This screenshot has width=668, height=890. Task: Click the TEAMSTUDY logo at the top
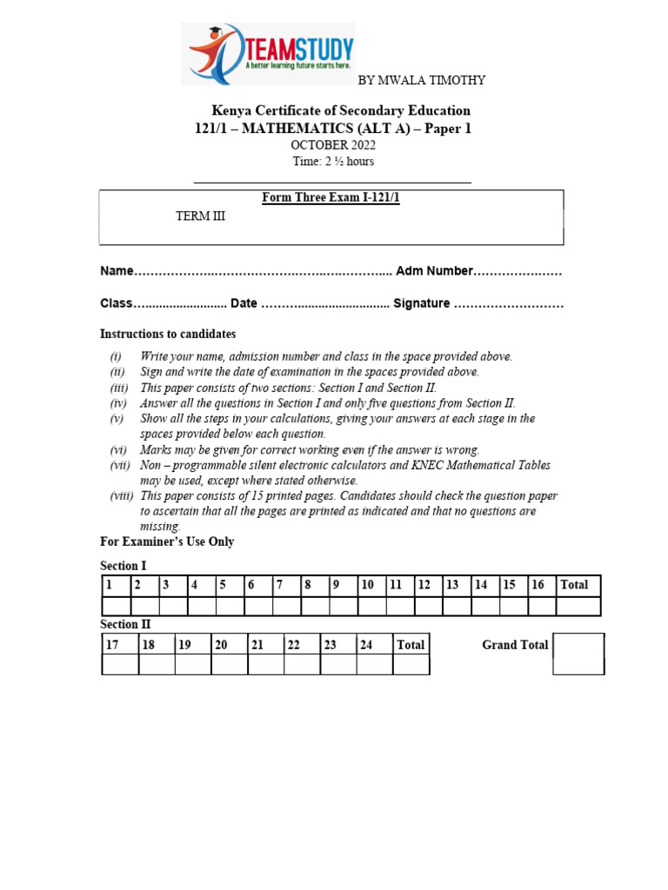tap(268, 54)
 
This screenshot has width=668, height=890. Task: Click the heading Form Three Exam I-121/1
tap(331, 198)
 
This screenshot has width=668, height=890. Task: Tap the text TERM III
tap(200, 216)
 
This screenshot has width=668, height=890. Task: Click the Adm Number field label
tap(434, 271)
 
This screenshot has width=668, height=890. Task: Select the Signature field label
tap(421, 303)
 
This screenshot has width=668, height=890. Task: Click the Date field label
tap(244, 303)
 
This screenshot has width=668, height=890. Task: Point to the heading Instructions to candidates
tap(168, 335)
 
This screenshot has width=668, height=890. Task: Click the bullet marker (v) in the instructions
tap(117, 419)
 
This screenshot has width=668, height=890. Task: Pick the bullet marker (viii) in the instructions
tap(121, 496)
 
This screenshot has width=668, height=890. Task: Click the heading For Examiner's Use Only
tap(167, 542)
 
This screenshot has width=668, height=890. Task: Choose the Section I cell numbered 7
tap(286, 586)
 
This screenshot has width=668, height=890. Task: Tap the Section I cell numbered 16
tap(542, 586)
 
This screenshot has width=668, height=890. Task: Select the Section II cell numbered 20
tap(229, 645)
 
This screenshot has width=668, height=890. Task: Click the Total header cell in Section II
tap(411, 645)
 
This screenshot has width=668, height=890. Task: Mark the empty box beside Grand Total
tap(578, 654)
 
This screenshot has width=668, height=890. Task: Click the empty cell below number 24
tap(374, 665)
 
